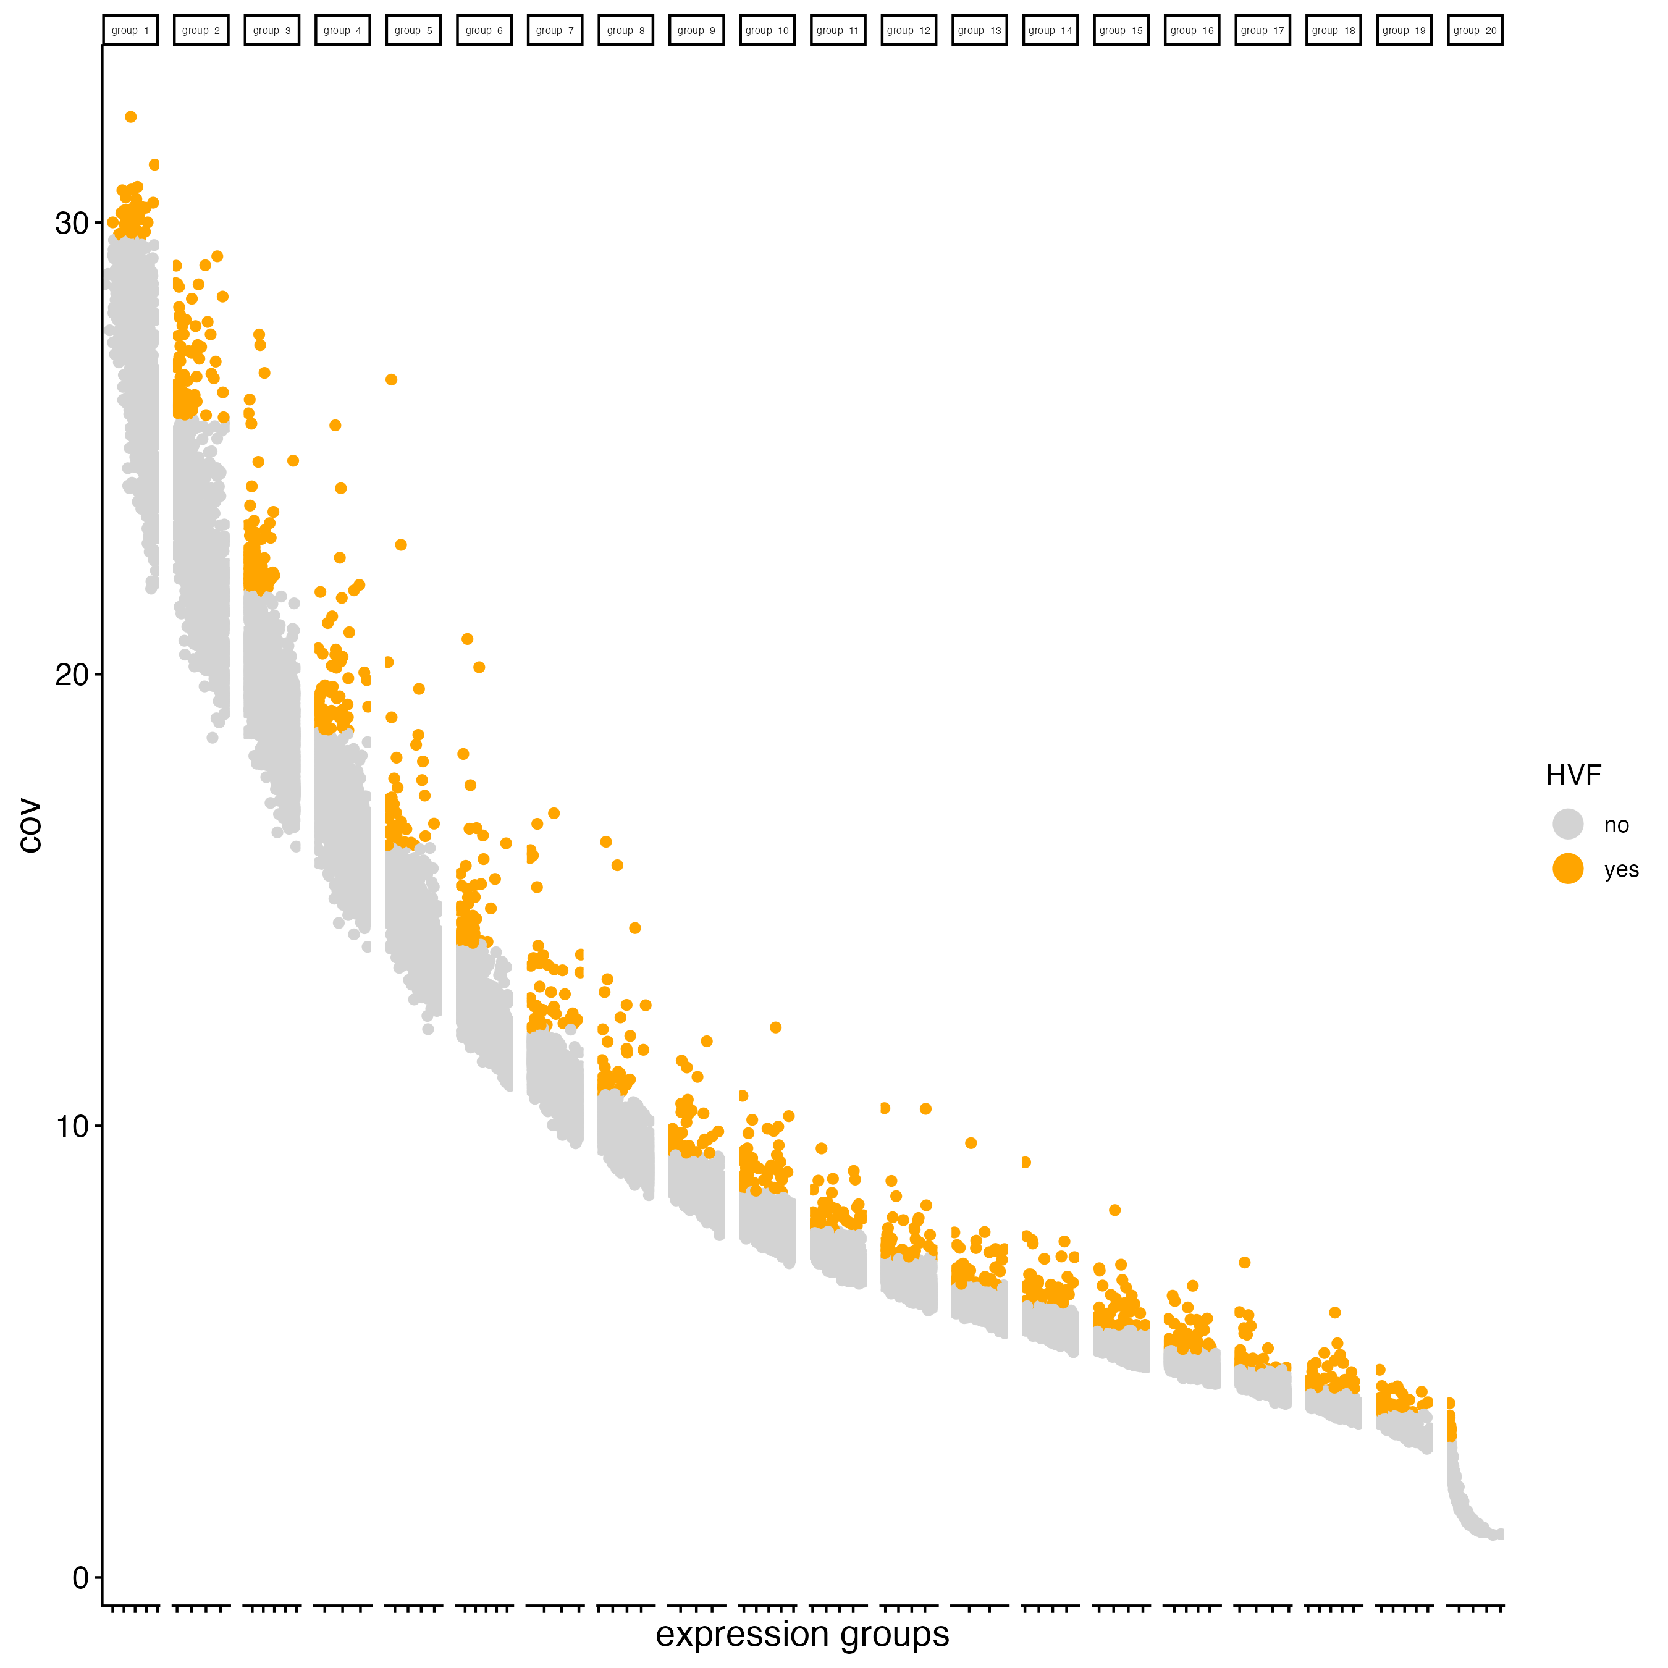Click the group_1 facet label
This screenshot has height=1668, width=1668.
130,30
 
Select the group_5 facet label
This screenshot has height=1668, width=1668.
413,30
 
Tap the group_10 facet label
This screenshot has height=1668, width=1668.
767,30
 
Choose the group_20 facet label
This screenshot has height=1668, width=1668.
1475,30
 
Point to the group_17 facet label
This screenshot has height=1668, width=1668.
1262,30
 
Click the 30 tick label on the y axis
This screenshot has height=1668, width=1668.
72,224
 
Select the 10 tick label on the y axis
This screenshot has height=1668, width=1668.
72,1126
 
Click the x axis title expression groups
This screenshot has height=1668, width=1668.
802,1634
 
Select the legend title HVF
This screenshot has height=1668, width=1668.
1573,775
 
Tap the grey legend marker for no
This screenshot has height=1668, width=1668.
1568,823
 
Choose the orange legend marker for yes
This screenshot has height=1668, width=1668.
1568,869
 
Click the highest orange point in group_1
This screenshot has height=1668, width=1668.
130,117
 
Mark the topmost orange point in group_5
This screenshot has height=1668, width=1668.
391,380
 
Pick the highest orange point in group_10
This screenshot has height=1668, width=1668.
775,1027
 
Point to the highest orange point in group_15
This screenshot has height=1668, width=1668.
1114,1210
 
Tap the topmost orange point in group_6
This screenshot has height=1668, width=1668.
467,639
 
